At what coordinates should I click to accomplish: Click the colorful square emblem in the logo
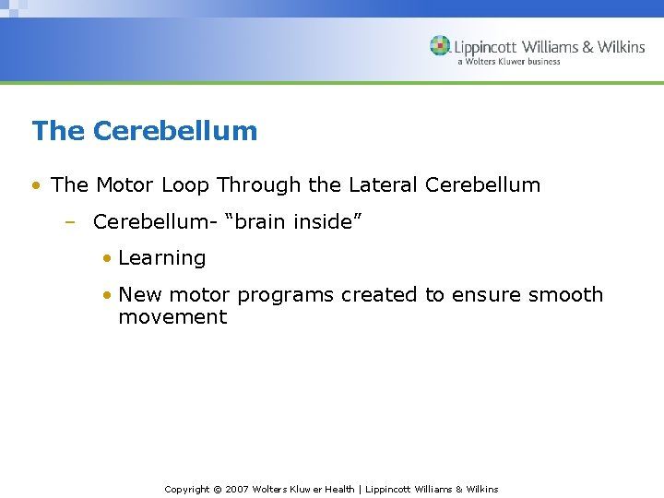point(440,46)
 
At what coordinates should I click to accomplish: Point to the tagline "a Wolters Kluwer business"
point(508,62)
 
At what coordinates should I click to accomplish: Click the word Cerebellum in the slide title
point(175,131)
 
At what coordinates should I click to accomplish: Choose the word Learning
point(162,258)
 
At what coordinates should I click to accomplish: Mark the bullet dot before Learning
point(108,258)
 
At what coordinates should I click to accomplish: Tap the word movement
point(172,317)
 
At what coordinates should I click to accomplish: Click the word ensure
point(484,295)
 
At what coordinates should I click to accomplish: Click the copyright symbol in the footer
point(218,489)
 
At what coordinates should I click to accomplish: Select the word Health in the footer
point(338,489)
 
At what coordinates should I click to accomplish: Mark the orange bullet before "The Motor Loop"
point(35,184)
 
